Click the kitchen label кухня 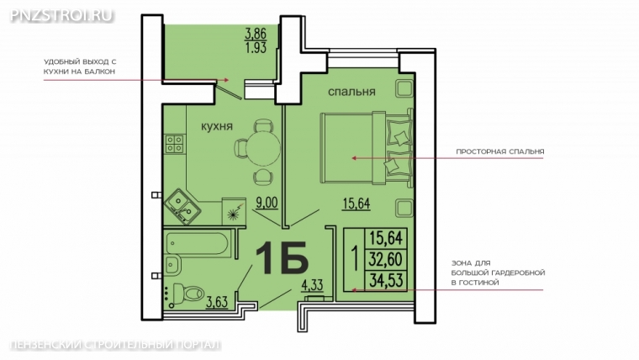coord(217,126)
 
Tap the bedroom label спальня coord(351,93)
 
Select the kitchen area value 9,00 coord(267,203)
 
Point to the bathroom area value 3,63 coord(217,302)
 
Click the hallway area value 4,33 coord(312,285)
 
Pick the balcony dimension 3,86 coord(256,33)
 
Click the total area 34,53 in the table coord(386,280)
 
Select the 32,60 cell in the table coord(386,259)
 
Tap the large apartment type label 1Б coord(281,258)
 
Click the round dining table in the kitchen coord(264,148)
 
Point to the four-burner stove coord(175,144)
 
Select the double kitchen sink coord(182,206)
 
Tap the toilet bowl coord(189,294)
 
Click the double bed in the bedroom coord(367,148)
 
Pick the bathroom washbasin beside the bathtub coord(173,265)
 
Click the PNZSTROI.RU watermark coord(61,15)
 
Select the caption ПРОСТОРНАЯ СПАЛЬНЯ coord(500,151)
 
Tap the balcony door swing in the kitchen coord(229,92)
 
